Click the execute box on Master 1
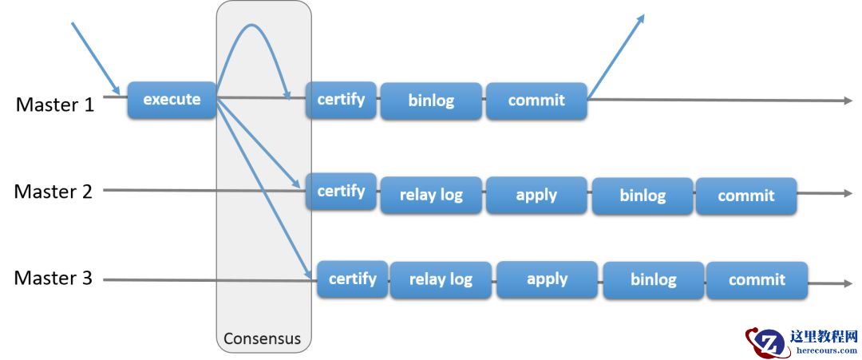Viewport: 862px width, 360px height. pos(172,100)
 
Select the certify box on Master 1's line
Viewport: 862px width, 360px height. pos(342,100)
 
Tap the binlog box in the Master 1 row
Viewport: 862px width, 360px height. pos(431,101)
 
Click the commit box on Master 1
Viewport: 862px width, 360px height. pos(536,101)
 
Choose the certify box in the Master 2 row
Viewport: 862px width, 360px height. pos(342,192)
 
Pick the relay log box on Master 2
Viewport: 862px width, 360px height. pos(431,196)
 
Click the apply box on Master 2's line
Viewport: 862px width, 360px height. pos(536,196)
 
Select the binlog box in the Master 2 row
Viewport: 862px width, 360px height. pos(643,196)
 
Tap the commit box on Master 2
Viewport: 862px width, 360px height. pos(746,196)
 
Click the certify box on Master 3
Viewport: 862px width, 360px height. pos(353,279)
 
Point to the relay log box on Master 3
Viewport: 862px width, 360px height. pos(441,280)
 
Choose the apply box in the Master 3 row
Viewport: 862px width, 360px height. pos(547,279)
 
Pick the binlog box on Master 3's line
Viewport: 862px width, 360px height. pos(654,280)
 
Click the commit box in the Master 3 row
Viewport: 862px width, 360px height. pos(757,280)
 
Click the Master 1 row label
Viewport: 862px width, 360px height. pos(55,104)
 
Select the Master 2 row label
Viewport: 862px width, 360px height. pos(53,192)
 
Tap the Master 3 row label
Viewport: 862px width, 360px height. pos(53,278)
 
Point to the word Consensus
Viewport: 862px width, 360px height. pos(263,338)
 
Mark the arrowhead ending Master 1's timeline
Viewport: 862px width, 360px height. pos(848,101)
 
